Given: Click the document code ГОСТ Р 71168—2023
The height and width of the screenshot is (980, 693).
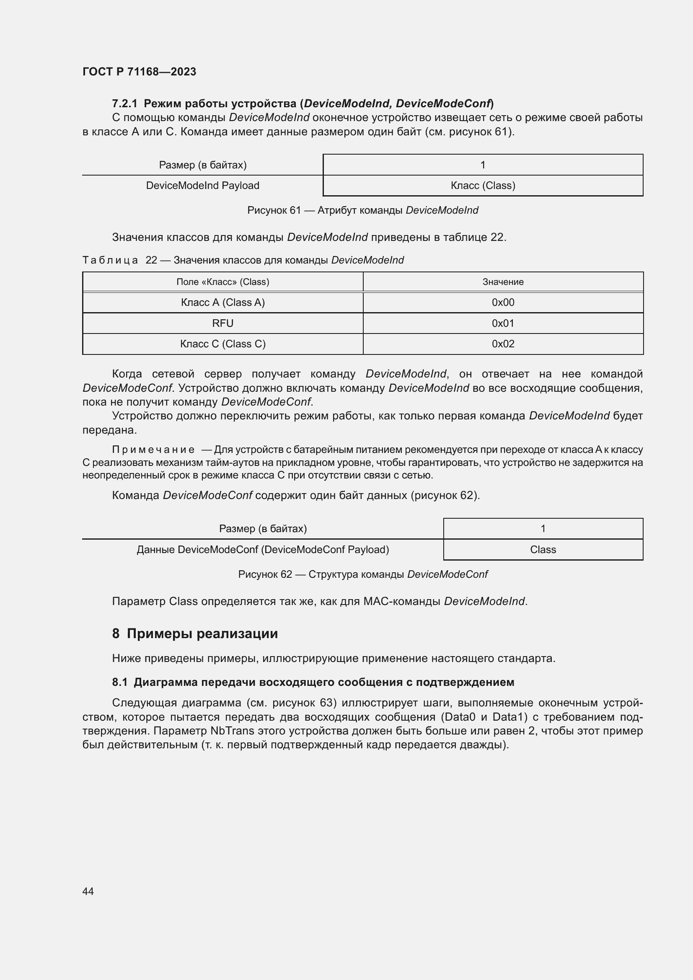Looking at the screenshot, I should [x=139, y=72].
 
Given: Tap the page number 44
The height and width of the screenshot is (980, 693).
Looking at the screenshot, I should [x=88, y=891].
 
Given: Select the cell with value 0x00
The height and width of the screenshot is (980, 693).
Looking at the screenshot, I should [x=503, y=303].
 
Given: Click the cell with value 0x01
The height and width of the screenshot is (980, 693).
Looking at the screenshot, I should [x=503, y=323].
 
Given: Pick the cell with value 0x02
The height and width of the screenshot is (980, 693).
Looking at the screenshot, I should [x=503, y=344].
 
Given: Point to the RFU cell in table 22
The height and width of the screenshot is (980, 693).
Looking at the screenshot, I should [x=222, y=323].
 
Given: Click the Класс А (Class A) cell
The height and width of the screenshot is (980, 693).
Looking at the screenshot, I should [x=222, y=303].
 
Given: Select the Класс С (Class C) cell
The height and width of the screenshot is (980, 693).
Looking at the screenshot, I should [x=222, y=344].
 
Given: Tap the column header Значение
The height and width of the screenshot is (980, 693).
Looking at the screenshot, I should [x=503, y=282].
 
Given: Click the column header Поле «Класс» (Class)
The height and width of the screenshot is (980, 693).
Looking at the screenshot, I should [x=222, y=282].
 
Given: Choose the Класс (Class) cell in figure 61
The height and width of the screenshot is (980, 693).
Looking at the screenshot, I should [x=483, y=186].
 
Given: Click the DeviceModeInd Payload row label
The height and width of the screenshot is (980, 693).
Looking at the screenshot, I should [x=202, y=186].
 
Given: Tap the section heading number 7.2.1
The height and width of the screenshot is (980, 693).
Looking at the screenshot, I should [x=124, y=104].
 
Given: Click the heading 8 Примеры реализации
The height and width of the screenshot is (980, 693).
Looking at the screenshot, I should [x=194, y=634].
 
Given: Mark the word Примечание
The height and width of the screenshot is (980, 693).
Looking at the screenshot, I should [x=153, y=450].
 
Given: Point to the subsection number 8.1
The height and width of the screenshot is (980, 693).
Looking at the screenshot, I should [x=119, y=683].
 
